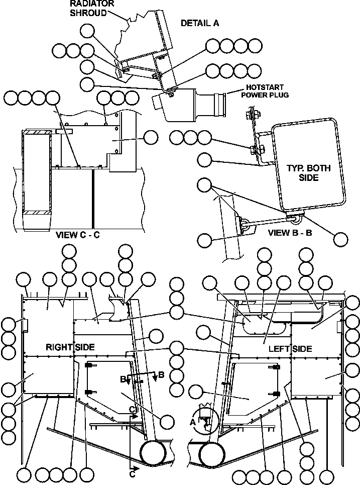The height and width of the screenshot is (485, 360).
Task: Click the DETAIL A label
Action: click(200, 23)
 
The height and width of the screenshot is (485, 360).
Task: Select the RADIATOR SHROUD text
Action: click(92, 8)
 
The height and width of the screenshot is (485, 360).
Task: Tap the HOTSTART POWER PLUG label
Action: click(265, 91)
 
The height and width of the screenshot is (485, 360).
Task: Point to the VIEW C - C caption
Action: click(78, 235)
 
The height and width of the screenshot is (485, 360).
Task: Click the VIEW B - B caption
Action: click(290, 233)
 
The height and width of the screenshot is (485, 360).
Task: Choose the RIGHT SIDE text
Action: click(70, 347)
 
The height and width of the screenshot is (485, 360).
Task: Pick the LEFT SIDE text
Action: click(290, 349)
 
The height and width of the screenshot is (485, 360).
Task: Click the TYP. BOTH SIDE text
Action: click(309, 173)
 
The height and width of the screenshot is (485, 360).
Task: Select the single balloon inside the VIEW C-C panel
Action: click(151, 137)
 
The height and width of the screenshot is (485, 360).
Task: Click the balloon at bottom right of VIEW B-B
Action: click(340, 239)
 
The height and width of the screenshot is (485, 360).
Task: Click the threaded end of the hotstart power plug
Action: click(220, 104)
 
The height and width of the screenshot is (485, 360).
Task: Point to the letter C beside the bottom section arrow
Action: click(133, 473)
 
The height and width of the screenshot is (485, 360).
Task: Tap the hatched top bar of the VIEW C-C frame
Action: click(37, 132)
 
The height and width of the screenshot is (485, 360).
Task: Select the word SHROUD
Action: click(88, 13)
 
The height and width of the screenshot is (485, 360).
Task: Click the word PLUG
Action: click(279, 94)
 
